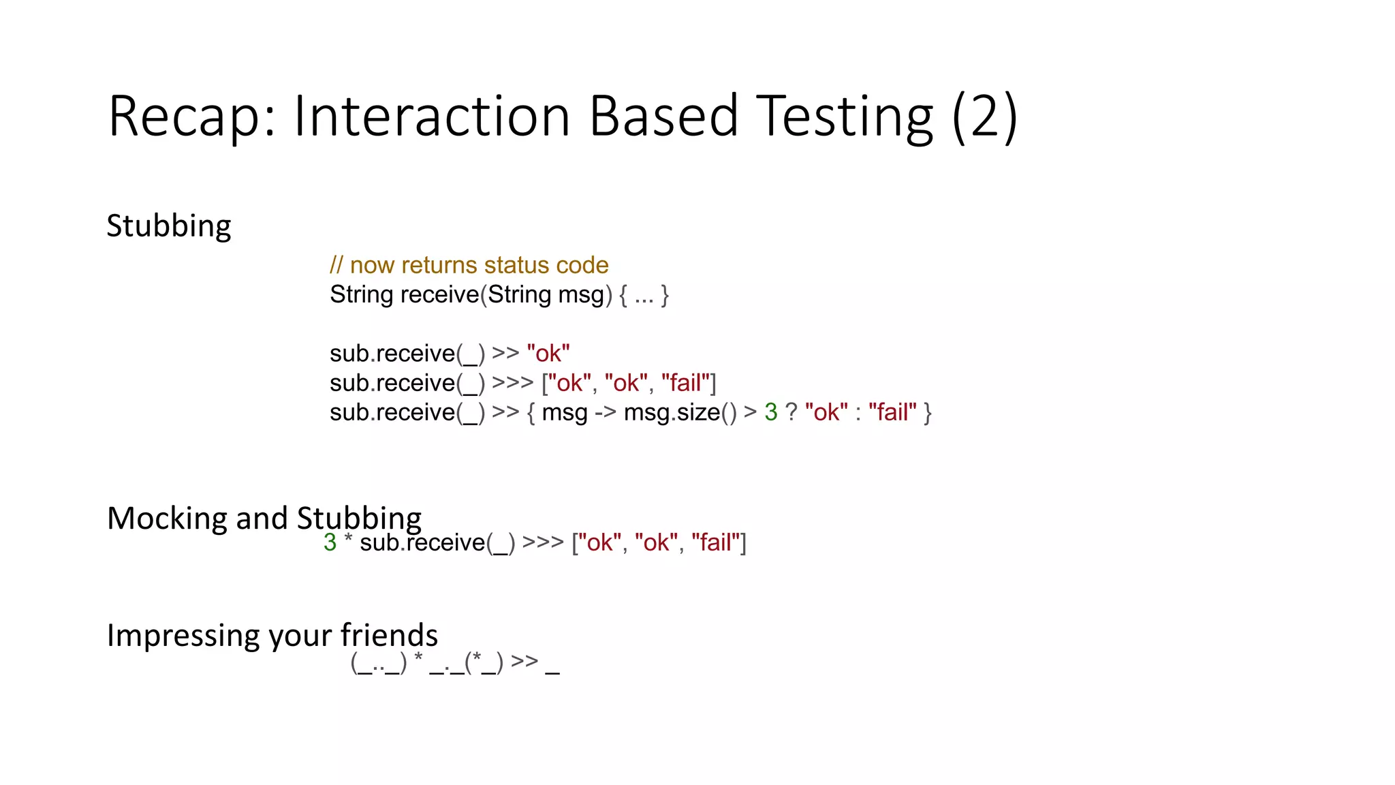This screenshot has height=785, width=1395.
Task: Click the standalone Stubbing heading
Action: [169, 226]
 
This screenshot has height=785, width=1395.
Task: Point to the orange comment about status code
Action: [469, 265]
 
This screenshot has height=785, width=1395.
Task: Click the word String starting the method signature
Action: [362, 295]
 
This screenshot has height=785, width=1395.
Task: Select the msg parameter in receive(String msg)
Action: [581, 295]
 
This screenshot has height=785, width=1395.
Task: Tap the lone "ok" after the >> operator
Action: [548, 354]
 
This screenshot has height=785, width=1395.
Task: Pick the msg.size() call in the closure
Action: [680, 412]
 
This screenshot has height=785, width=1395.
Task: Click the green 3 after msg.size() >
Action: [771, 412]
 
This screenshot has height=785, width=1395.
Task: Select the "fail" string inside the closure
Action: [892, 412]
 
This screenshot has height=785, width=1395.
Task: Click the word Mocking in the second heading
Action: [167, 519]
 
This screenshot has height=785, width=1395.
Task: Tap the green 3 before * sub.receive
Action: [330, 542]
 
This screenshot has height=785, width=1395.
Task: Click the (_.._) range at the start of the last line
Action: [379, 662]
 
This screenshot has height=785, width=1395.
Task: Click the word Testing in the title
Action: [845, 117]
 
